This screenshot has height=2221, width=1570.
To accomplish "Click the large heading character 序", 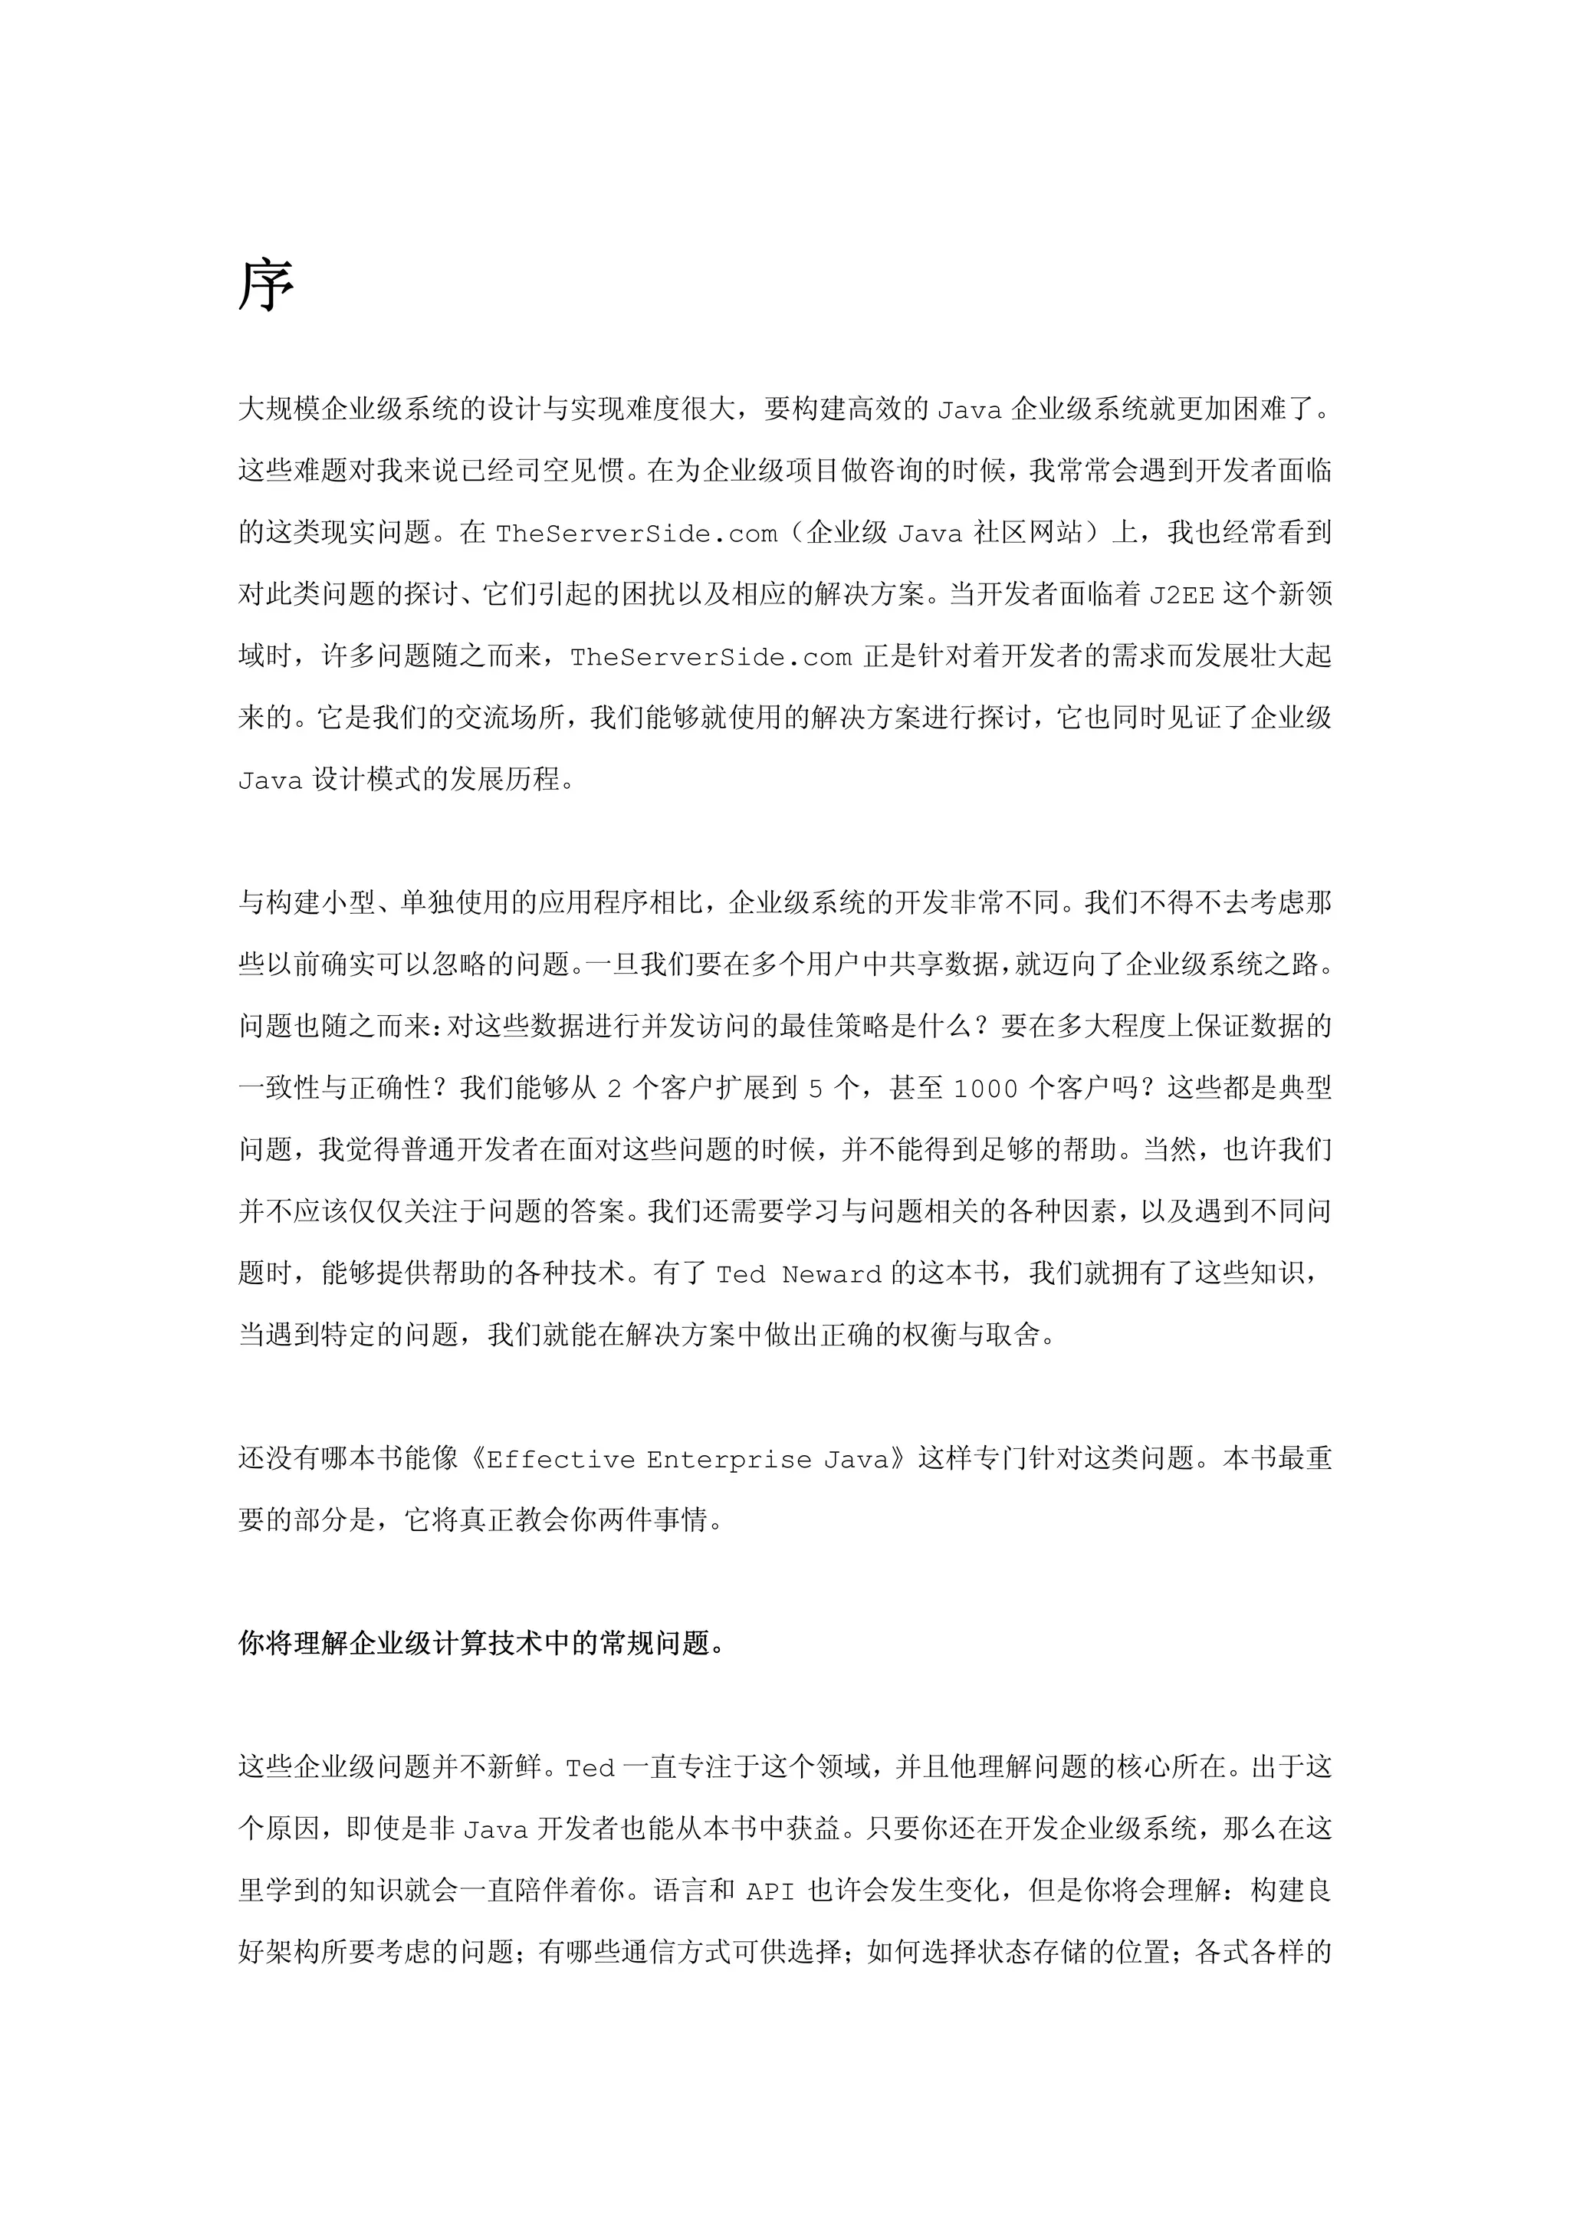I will (x=266, y=286).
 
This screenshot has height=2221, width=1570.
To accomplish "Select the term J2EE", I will (x=1181, y=596).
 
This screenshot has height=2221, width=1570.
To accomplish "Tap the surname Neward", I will (x=831, y=1275).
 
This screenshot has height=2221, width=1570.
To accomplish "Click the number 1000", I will (x=986, y=1090).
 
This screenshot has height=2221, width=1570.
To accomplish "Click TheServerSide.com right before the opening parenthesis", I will (x=636, y=534).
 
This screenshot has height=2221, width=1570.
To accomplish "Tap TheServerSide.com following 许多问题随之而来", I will (x=711, y=658).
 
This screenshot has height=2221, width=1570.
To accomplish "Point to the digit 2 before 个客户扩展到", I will (x=614, y=1090).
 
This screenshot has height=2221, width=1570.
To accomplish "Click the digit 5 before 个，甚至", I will (x=816, y=1090).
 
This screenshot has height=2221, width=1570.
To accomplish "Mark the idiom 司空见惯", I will (x=570, y=471).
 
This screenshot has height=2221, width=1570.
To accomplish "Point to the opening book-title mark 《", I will (x=474, y=1459).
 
